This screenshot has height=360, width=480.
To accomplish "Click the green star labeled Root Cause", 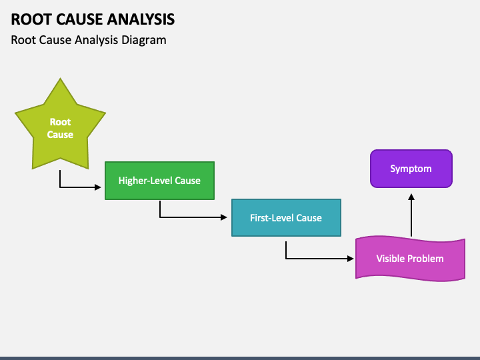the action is tap(60, 129).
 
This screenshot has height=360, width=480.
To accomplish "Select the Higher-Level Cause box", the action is tap(159, 181).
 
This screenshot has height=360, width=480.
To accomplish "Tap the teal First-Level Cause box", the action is tap(286, 217).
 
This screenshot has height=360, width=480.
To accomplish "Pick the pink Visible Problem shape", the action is tap(410, 259).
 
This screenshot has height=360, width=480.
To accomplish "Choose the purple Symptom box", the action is tap(411, 169).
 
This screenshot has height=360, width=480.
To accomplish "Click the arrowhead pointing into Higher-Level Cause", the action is tap(98, 187).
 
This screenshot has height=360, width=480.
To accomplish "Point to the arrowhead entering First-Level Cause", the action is tap(224, 217).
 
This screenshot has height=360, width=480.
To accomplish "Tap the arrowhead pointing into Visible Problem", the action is tap(351, 259).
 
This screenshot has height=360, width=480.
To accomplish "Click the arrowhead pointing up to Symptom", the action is tap(411, 197).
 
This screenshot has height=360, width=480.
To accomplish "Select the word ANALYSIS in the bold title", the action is tap(141, 19).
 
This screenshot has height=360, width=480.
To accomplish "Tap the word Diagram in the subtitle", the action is tap(144, 40).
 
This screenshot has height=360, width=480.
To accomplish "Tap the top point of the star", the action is tap(60, 79).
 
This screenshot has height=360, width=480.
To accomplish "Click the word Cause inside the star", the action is tap(60, 135).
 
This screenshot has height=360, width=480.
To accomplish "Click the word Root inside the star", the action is tap(60, 122).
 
